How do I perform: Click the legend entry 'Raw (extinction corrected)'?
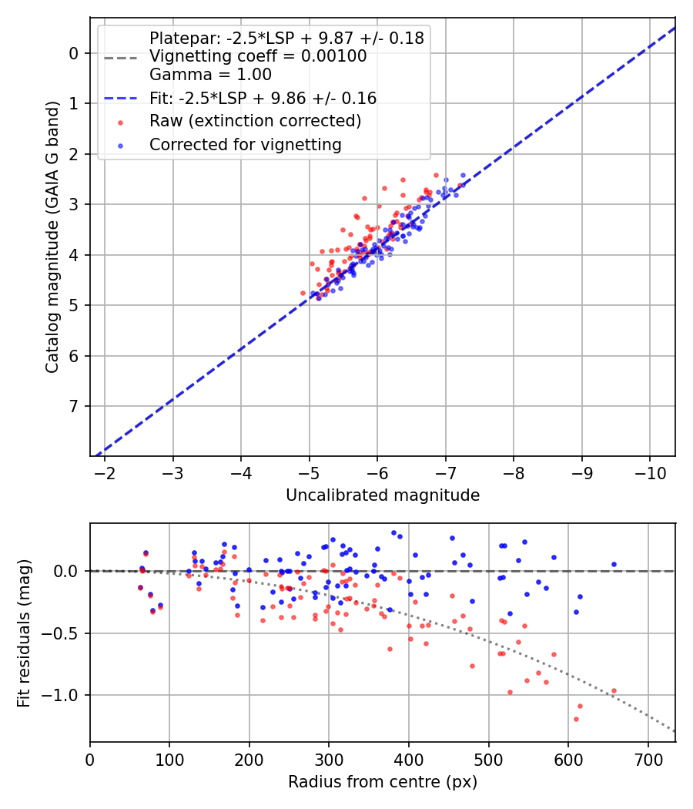click(255, 121)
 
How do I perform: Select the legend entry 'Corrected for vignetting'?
click(245, 144)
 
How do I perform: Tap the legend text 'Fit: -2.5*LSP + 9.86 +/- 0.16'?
click(263, 98)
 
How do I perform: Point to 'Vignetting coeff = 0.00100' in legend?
click(258, 56)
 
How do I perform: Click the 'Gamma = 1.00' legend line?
click(210, 75)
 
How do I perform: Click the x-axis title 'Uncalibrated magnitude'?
click(383, 495)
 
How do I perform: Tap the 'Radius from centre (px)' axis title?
click(383, 782)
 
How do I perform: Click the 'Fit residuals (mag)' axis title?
click(24, 633)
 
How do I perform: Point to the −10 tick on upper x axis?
click(649, 472)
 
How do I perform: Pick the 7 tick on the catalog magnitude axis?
click(74, 406)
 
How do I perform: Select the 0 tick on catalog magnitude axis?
click(74, 53)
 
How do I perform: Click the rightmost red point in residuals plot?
click(614, 691)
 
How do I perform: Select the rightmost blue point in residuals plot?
click(614, 564)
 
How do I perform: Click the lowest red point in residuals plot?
click(576, 719)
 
